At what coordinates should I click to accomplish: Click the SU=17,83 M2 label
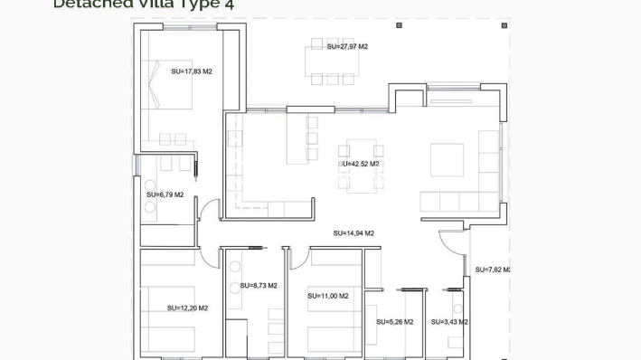pos(192,71)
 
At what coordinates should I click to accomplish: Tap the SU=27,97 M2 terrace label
pos(347,46)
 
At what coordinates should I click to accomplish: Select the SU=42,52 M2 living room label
pos(359,164)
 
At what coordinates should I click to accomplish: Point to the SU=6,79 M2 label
pos(165,194)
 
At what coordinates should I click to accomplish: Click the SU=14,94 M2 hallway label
pos(353,232)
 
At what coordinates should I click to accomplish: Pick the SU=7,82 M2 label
pos(492,270)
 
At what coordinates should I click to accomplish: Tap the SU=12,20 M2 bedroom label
pos(187,308)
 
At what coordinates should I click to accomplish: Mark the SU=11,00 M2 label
pos(327,296)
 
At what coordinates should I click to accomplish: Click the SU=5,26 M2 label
pos(395,321)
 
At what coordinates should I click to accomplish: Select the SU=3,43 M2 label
pos(449,321)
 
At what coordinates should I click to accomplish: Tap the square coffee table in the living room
pos(447,160)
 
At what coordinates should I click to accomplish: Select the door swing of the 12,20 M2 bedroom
pos(210,256)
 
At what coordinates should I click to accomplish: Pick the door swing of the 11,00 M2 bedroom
pos(297,257)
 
